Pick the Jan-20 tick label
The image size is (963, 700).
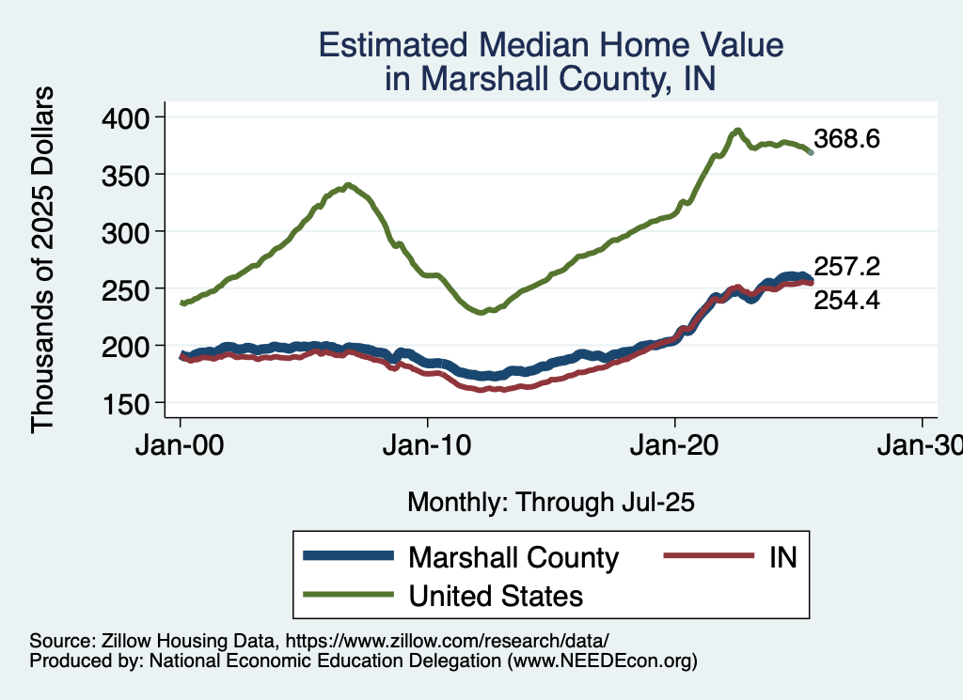click(674, 446)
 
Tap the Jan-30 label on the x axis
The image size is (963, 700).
click(920, 446)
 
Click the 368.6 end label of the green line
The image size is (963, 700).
click(846, 140)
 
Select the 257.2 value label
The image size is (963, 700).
click(846, 268)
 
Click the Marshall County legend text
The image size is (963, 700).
click(513, 557)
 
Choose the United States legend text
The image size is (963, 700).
click(496, 596)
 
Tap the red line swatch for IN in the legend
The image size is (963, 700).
click(708, 556)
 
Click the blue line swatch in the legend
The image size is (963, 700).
click(347, 556)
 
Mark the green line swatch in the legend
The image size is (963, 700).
click(347, 595)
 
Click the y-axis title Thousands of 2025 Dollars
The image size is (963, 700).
click(43, 259)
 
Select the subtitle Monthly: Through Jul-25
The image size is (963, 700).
click(550, 503)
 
